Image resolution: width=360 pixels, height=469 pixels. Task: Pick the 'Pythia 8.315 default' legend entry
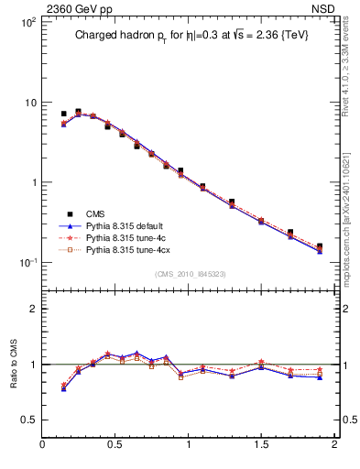point(124,225)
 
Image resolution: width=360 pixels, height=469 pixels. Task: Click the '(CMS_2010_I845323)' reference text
point(191,274)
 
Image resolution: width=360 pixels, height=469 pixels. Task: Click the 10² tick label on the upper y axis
point(26,21)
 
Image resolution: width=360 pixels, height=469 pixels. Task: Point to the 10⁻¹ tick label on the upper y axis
point(26,263)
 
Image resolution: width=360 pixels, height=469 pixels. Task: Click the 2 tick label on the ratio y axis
point(33,309)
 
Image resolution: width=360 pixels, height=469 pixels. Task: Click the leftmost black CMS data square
point(63,114)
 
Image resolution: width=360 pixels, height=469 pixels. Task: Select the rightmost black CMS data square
point(320,246)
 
